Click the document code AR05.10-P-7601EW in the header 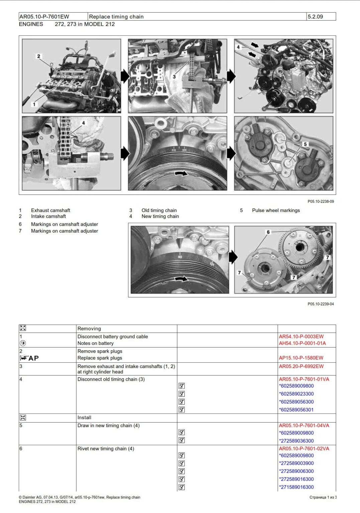click(44, 17)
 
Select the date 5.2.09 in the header click(315, 17)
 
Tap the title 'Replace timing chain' click(116, 17)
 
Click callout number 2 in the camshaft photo click(38, 56)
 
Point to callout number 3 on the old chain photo click(174, 76)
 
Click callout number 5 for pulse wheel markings click(305, 144)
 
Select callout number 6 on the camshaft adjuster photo click(268, 232)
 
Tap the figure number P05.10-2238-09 click(321, 201)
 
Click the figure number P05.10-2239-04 click(321, 304)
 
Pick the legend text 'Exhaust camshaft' click(50, 210)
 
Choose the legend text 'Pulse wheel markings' click(276, 210)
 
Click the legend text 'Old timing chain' click(159, 210)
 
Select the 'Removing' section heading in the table click(89, 329)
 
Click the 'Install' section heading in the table click(84, 417)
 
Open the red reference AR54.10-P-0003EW click(301, 337)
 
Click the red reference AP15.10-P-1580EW click(301, 358)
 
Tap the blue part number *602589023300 click(297, 394)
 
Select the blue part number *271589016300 click(297, 487)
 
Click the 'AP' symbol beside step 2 click(33, 358)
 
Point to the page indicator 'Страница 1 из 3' click(323, 497)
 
